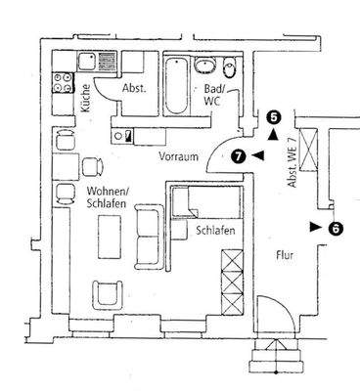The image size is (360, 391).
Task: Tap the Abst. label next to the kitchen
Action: pos(134,89)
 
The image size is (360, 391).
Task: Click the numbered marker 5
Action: pos(273,117)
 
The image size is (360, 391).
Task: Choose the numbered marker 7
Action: pos(239,154)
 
